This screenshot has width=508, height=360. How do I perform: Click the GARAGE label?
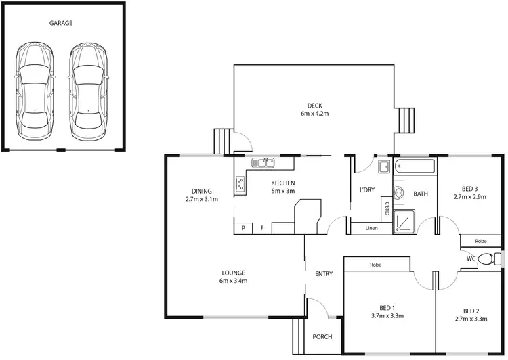[61, 23]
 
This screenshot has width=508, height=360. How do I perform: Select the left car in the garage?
[34, 88]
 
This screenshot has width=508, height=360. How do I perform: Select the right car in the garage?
[88, 88]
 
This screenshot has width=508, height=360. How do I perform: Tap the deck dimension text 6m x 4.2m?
[314, 114]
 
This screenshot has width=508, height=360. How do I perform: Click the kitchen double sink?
[262, 163]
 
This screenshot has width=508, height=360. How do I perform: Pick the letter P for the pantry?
[243, 228]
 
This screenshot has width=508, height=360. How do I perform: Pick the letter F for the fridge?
[262, 228]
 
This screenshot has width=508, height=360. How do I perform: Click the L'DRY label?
[367, 190]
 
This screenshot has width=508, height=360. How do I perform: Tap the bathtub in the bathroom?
[415, 166]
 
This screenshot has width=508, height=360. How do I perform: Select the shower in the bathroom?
[405, 220]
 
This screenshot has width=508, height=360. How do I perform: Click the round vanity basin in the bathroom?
[399, 194]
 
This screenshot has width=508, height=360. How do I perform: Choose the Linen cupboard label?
[371, 228]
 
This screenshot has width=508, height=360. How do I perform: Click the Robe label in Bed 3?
[481, 241]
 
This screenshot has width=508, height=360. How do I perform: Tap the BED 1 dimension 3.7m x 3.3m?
[387, 315]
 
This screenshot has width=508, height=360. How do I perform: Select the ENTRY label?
[324, 274]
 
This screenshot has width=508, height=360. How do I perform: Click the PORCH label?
[322, 337]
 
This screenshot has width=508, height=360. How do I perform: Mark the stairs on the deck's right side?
[406, 122]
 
